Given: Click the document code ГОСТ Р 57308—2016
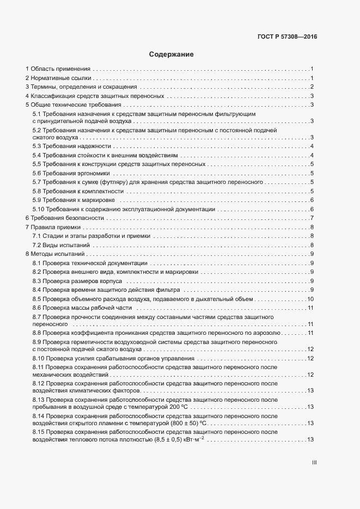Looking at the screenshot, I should (x=287, y=37).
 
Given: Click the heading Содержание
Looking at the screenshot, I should (x=171, y=54).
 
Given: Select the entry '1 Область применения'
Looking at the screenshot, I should (x=58, y=69).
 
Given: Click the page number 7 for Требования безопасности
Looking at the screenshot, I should (x=312, y=218).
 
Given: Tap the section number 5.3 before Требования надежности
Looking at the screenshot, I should (x=38, y=146).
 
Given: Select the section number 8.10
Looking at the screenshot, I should (x=39, y=358).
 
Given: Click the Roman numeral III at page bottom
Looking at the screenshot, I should (x=314, y=463).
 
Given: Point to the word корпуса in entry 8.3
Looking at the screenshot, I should (x=112, y=281).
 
